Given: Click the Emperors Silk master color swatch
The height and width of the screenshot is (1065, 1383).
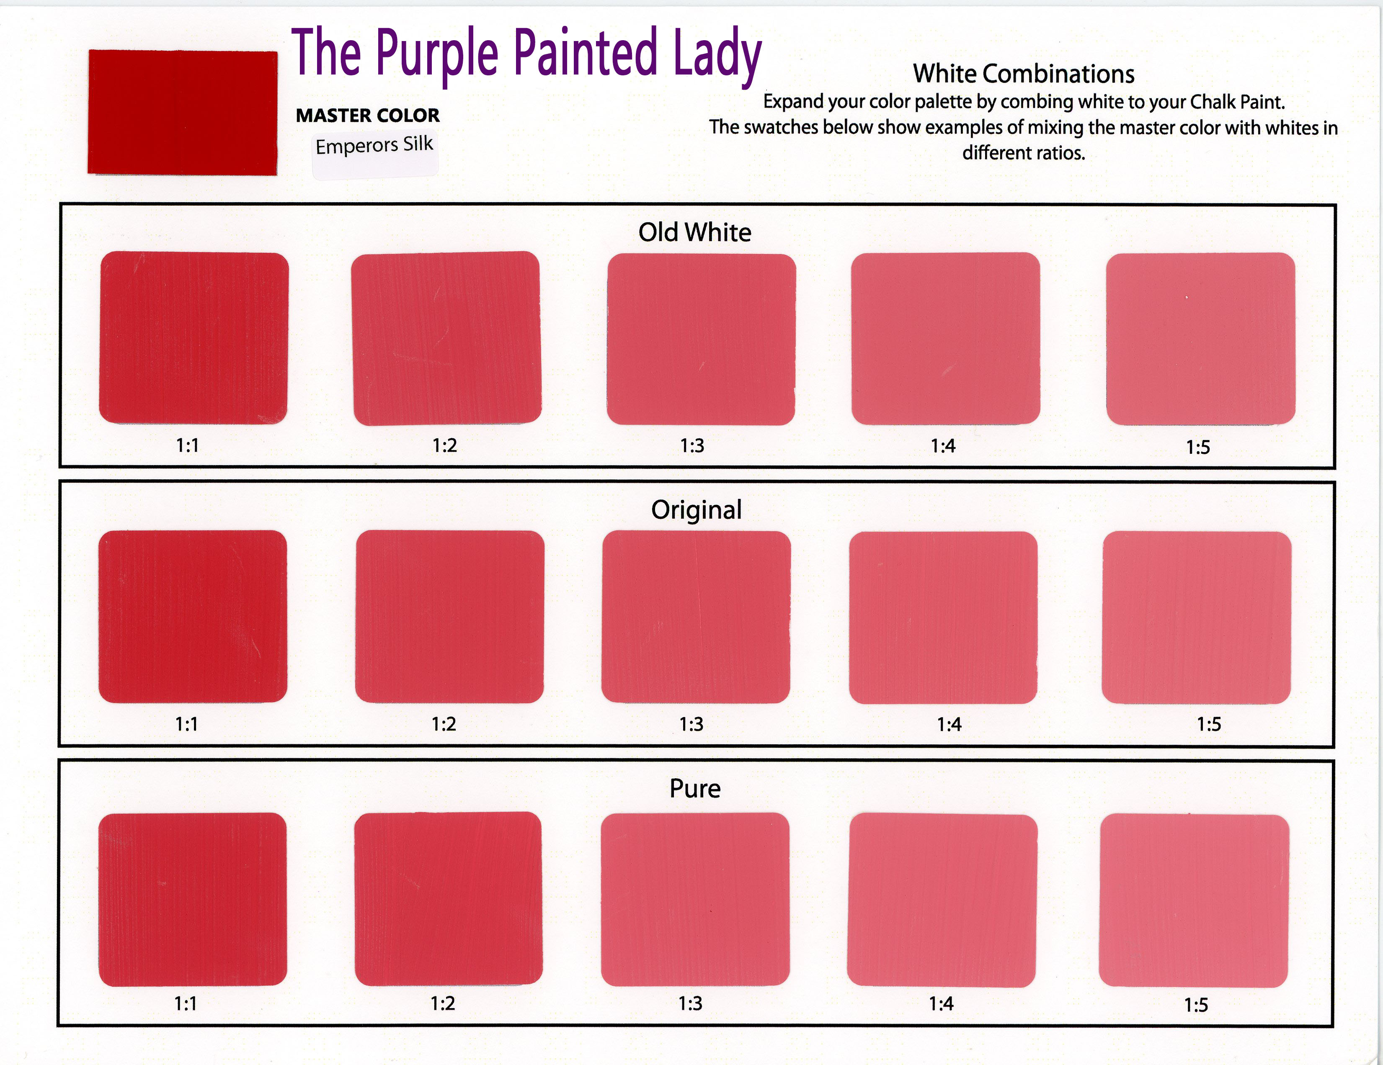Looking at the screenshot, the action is pyautogui.click(x=182, y=113).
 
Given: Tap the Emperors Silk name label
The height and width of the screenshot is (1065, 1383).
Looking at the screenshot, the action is pyautogui.click(x=374, y=146).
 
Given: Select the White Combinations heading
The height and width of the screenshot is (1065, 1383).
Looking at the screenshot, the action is pyautogui.click(x=1023, y=74).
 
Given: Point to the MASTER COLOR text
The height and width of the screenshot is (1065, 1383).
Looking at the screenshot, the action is pyautogui.click(x=368, y=115).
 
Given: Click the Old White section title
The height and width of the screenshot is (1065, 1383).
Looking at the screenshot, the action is pyautogui.click(x=695, y=232).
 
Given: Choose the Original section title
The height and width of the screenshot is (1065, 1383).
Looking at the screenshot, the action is pyautogui.click(x=697, y=510).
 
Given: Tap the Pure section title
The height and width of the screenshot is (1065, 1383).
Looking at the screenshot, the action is pyautogui.click(x=695, y=788).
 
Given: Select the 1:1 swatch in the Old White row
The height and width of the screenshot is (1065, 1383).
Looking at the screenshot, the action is pyautogui.click(x=194, y=338).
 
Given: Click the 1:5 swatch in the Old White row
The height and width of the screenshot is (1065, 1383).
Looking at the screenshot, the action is pyautogui.click(x=1201, y=339).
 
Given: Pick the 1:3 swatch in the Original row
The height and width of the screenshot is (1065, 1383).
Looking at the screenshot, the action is pyautogui.click(x=696, y=617).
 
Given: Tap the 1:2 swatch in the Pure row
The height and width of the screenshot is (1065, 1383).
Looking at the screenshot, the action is pyautogui.click(x=448, y=898).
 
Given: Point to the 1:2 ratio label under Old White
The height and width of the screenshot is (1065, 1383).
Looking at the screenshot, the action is pyautogui.click(x=444, y=445).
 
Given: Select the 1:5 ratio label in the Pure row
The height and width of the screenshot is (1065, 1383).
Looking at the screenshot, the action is pyautogui.click(x=1196, y=1005).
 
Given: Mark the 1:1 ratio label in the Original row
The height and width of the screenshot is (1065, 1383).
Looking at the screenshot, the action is pyautogui.click(x=187, y=724).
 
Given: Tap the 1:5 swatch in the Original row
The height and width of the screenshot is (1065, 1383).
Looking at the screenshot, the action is pyautogui.click(x=1196, y=617).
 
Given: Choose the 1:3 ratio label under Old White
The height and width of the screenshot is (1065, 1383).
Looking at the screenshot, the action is pyautogui.click(x=692, y=445).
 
